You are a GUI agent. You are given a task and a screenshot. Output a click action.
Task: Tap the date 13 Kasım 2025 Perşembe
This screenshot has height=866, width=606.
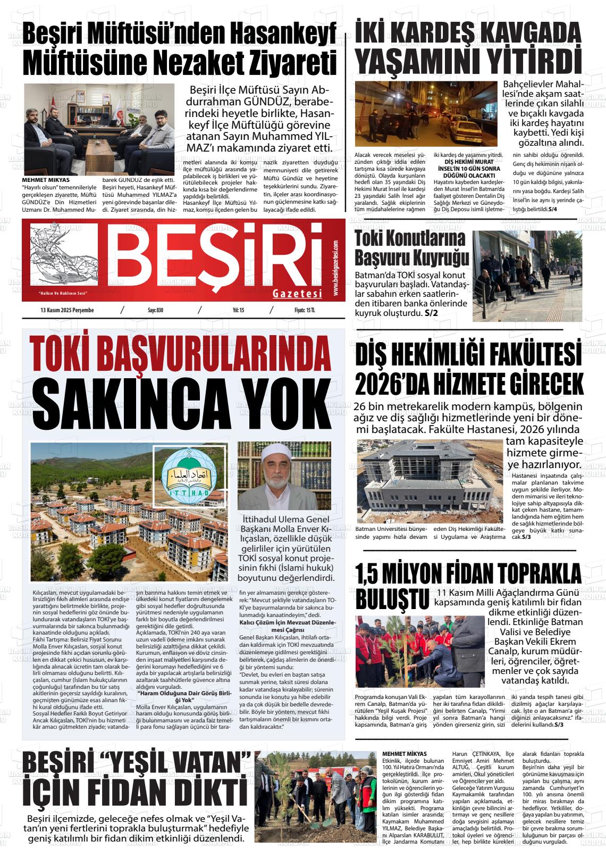(67, 310)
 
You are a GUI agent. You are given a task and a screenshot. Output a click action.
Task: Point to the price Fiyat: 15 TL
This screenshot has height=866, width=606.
(305, 310)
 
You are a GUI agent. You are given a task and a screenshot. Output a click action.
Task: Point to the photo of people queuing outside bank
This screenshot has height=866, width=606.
(527, 276)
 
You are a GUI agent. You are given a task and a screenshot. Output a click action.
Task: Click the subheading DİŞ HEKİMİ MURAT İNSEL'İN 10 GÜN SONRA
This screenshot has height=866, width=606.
(469, 165)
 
